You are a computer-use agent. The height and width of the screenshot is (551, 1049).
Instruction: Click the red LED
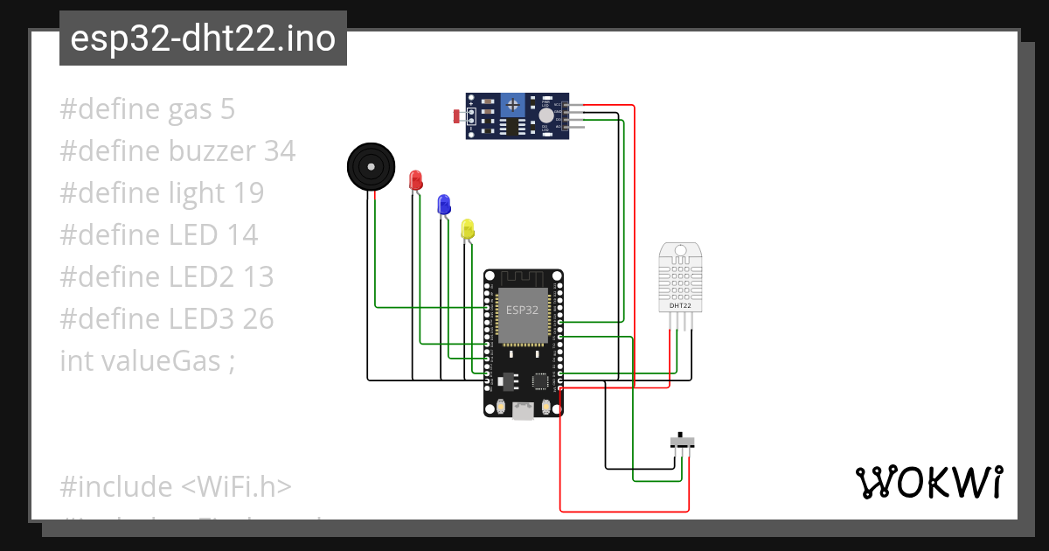tap(416, 180)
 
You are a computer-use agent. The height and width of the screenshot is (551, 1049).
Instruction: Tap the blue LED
tap(444, 205)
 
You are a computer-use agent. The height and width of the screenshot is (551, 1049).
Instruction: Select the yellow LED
tap(468, 229)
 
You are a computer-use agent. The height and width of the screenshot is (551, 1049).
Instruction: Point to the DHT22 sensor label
tap(680, 305)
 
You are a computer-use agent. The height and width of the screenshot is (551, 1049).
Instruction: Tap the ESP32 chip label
tap(523, 310)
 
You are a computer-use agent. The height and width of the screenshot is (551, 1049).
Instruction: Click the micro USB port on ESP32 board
tap(524, 411)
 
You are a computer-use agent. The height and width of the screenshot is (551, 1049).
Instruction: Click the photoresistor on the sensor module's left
tap(459, 115)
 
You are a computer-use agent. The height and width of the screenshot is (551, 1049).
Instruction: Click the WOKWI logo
tap(928, 483)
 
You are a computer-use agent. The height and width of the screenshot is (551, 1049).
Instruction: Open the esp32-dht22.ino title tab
tap(203, 38)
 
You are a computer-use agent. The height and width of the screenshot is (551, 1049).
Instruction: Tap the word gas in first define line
tap(191, 109)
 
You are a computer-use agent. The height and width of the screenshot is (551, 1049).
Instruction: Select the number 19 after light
tap(247, 193)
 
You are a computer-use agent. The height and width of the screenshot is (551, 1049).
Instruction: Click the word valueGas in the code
tap(159, 360)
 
